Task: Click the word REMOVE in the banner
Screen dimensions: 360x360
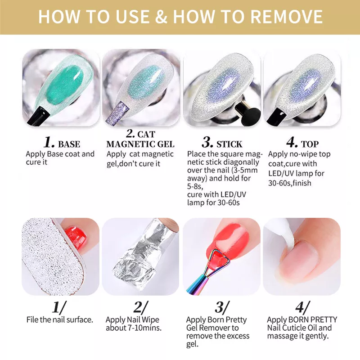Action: (286, 17)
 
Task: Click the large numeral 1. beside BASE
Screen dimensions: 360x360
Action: (49, 142)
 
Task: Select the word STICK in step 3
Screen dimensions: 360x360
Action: (229, 144)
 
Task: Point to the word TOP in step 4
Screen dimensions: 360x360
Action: (310, 144)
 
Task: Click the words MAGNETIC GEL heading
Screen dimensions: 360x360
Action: (140, 144)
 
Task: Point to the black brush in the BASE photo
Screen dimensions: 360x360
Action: (38, 116)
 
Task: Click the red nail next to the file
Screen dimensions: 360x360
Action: (76, 238)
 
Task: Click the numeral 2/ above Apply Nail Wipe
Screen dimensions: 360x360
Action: (141, 307)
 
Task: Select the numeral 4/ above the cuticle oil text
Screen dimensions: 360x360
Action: (302, 307)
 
